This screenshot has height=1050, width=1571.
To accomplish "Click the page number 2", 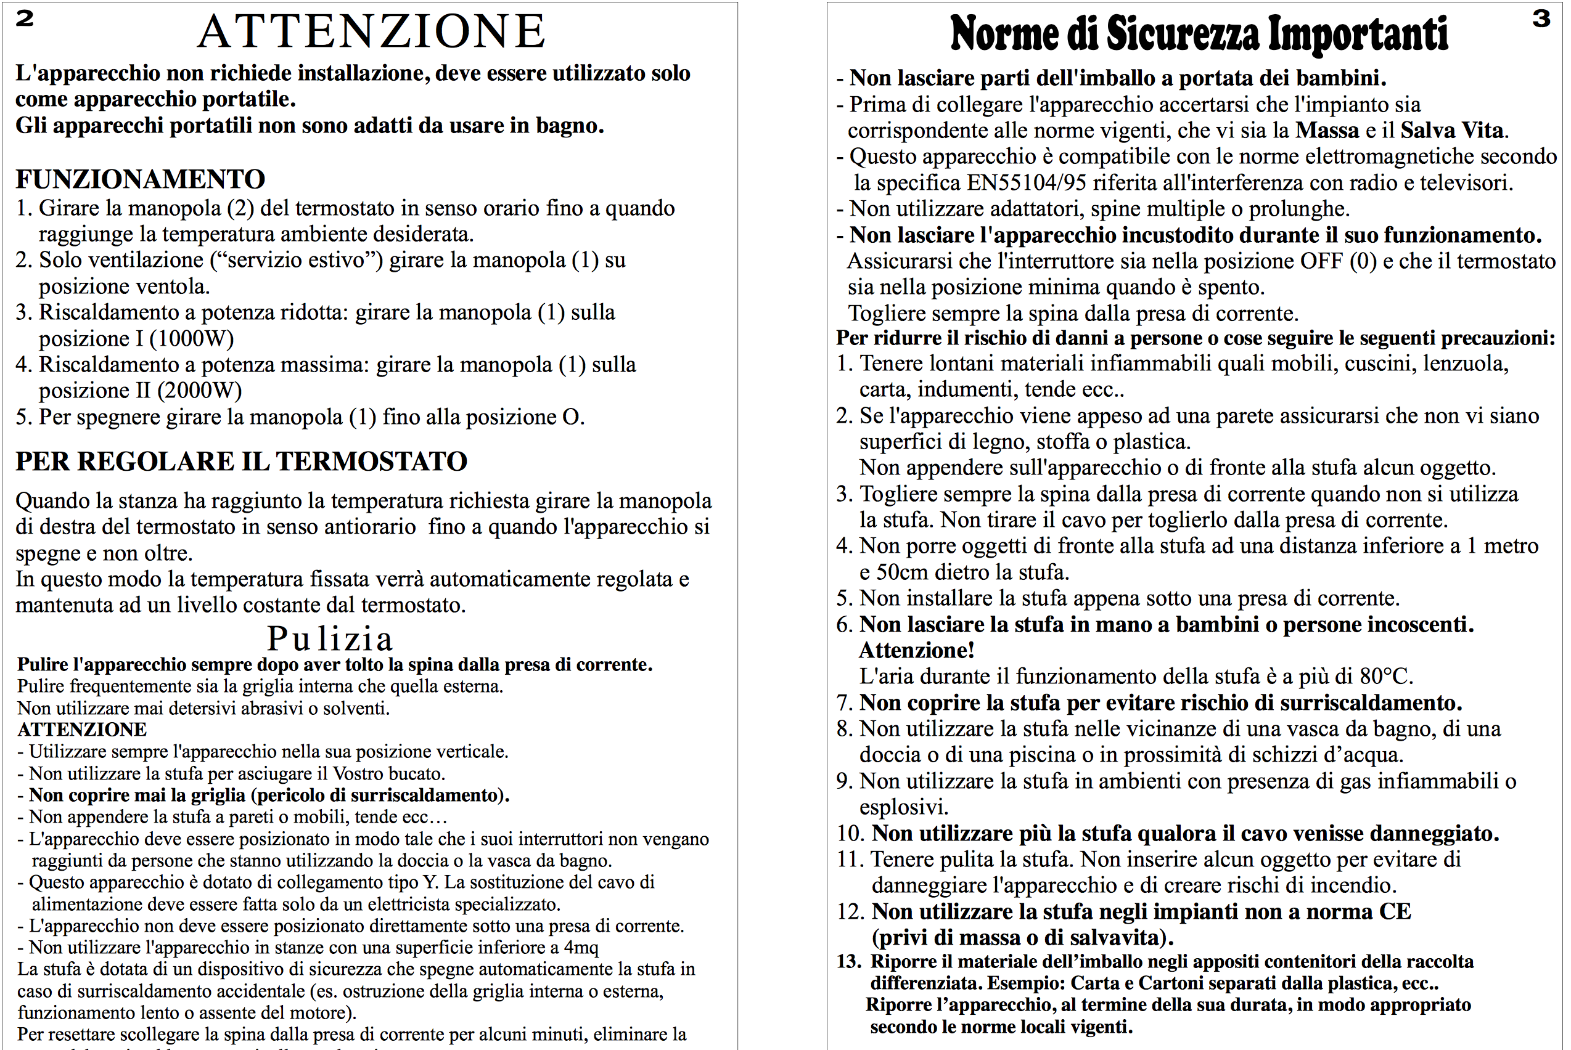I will (25, 18).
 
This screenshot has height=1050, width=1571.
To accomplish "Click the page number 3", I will (1541, 18).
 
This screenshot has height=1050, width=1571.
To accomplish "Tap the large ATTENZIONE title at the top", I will (372, 31).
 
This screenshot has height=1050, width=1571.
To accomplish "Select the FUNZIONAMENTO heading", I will (141, 179).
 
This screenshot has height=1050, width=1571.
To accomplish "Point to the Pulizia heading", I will (330, 638).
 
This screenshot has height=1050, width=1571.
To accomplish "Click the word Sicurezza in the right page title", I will (1183, 33).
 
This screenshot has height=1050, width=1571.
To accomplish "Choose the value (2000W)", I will (199, 391).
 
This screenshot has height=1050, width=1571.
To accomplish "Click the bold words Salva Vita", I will (1452, 130).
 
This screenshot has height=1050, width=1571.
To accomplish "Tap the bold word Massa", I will (1327, 130).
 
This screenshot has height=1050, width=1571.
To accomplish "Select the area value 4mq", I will (581, 948).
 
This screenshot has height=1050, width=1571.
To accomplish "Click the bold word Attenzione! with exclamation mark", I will (916, 650).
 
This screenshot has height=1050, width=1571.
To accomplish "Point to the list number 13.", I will (849, 962).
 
